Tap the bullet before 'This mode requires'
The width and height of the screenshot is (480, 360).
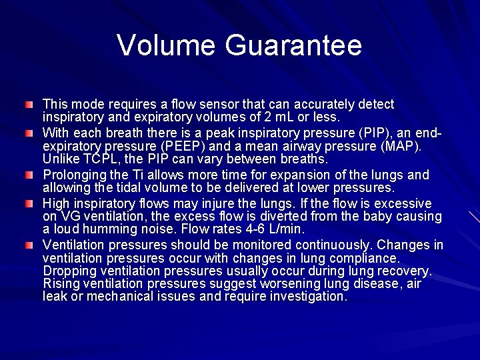pyautogui.click(x=29, y=105)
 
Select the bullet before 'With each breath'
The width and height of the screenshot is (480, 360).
pyautogui.click(x=29, y=134)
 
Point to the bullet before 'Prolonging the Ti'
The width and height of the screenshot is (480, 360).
pyautogui.click(x=29, y=175)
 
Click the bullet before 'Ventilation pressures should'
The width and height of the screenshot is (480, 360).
pyautogui.click(x=29, y=246)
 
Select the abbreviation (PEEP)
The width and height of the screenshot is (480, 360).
pyautogui.click(x=193, y=146)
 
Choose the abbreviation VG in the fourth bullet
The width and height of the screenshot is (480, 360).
pyautogui.click(x=69, y=216)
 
